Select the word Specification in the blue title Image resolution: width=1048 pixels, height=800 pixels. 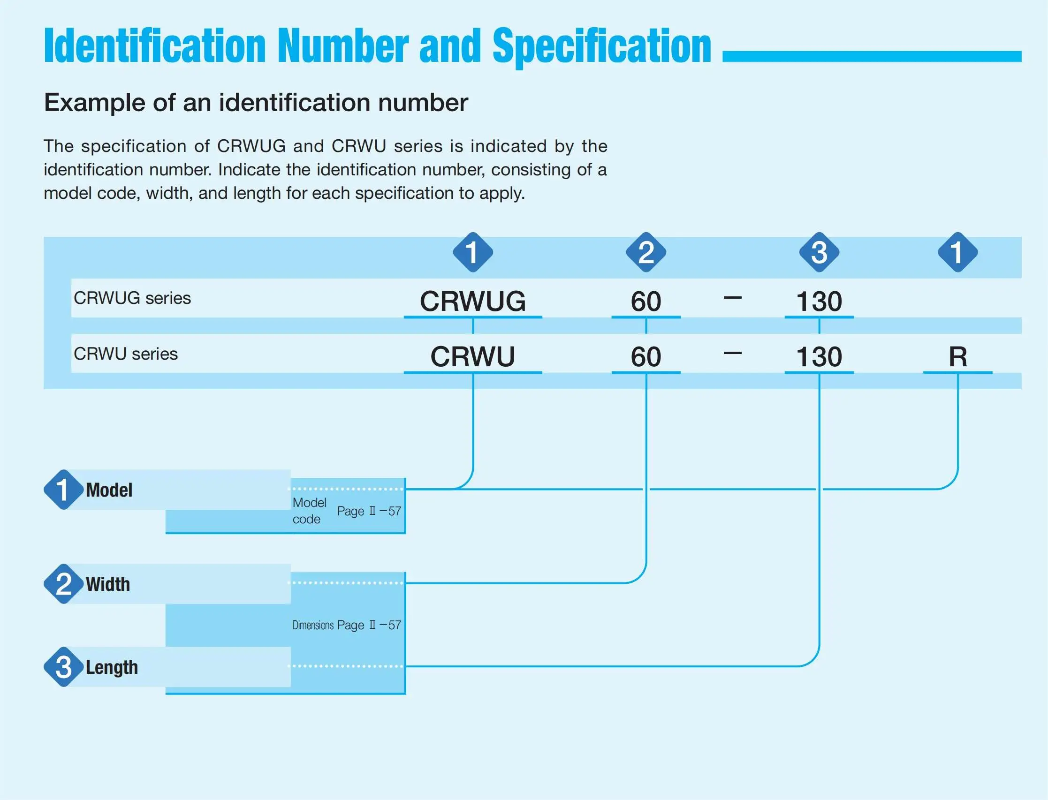602,47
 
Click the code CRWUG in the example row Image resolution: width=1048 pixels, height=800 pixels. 472,301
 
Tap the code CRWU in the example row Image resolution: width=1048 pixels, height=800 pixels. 472,356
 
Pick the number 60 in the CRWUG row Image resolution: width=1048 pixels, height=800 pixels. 646,301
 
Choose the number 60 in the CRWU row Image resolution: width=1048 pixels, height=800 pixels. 646,356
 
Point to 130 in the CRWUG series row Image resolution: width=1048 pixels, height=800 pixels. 820,301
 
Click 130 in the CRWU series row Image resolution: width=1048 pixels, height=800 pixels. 820,356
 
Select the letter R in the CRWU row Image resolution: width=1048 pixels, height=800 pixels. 958,356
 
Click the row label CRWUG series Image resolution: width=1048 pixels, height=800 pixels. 132,298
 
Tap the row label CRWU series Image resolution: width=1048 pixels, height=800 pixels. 125,354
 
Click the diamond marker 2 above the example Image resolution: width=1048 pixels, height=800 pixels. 646,252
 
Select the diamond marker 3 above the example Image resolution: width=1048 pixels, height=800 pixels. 820,252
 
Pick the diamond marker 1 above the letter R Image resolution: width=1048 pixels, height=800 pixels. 958,252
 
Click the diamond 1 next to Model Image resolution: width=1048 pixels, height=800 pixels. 63,490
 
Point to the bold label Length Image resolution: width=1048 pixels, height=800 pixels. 112,667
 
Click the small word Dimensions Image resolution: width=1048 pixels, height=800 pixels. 313,625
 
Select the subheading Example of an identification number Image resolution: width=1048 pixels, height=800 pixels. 256,102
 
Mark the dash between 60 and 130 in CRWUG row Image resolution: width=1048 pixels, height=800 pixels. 733,298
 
